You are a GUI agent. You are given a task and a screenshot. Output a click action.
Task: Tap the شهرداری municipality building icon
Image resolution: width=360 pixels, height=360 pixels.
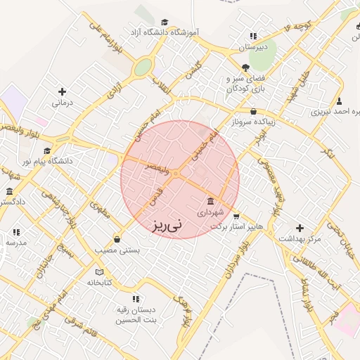[210, 201]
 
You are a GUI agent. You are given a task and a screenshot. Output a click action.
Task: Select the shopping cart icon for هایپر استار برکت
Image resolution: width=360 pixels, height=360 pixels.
[236, 216]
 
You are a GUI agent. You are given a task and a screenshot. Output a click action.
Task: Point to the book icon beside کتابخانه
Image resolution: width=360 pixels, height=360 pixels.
[99, 271]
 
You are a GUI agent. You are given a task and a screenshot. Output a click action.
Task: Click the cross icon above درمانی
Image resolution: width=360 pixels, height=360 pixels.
[63, 91]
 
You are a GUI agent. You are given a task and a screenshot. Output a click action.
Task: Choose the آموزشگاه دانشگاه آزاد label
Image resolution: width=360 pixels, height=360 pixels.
[165, 32]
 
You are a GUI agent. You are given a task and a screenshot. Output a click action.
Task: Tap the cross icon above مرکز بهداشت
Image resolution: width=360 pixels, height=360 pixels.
[300, 228]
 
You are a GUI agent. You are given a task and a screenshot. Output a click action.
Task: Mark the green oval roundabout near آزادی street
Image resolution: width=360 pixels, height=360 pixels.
[143, 67]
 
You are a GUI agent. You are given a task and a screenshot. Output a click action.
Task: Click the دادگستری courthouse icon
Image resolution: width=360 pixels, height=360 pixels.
[9, 191]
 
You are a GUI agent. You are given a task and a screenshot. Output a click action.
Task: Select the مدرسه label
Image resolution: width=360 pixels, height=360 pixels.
[16, 243]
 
